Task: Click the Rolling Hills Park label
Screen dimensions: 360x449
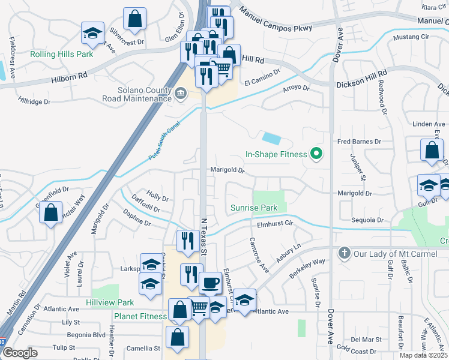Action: click(x=62, y=54)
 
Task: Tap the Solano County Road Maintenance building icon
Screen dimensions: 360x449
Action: click(x=181, y=93)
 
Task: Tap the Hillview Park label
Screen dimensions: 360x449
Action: click(x=110, y=303)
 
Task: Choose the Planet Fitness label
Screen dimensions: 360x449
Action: click(x=140, y=317)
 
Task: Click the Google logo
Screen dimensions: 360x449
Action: click(x=20, y=353)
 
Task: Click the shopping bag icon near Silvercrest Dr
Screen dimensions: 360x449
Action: click(x=135, y=19)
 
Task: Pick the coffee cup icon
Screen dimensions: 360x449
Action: click(x=210, y=283)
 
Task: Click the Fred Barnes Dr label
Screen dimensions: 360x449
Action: click(x=359, y=142)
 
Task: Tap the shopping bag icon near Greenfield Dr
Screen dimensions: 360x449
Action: click(x=51, y=212)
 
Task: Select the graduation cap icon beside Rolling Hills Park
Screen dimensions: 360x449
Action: click(x=93, y=33)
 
